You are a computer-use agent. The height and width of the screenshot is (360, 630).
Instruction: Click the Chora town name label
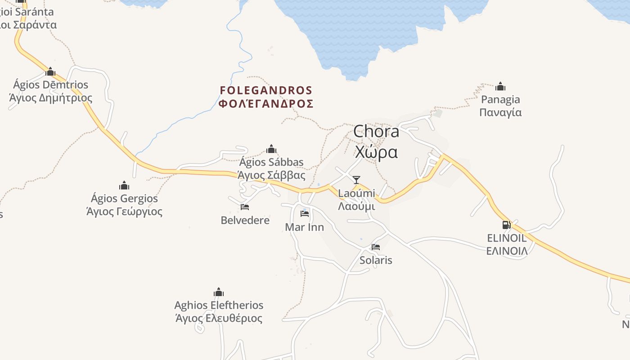(x=376, y=131)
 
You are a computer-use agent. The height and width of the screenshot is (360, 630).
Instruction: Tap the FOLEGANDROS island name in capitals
(x=266, y=90)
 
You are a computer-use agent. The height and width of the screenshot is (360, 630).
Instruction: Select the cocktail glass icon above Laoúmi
(x=356, y=180)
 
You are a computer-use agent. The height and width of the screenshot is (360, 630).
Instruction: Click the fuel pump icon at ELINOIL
(x=506, y=225)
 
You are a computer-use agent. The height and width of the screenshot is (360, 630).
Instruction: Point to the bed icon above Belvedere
(x=245, y=207)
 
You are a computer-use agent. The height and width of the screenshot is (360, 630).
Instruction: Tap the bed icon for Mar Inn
(x=305, y=213)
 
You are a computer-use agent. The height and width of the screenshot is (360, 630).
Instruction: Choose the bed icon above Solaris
(x=376, y=247)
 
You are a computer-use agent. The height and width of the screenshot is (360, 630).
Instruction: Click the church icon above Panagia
(x=500, y=86)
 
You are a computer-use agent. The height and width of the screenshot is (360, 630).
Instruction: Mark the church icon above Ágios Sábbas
(x=271, y=149)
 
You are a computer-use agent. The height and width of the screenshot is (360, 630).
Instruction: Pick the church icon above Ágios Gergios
(x=124, y=185)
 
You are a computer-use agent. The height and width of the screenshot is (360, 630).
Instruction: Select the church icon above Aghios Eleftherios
(x=219, y=292)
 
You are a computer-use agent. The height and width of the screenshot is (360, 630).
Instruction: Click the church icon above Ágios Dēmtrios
(x=50, y=72)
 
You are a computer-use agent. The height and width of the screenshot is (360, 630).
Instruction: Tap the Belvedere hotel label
(x=245, y=220)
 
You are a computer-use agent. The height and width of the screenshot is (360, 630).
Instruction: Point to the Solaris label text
(x=376, y=260)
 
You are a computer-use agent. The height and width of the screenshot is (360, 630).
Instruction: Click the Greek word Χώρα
(x=376, y=153)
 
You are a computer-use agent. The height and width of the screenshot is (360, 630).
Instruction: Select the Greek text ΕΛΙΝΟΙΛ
(x=507, y=251)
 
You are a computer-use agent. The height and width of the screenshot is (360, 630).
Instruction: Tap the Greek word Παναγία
(x=500, y=112)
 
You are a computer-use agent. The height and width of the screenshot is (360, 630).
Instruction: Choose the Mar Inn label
(x=305, y=227)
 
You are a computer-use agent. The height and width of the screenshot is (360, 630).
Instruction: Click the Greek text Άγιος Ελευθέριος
(x=219, y=318)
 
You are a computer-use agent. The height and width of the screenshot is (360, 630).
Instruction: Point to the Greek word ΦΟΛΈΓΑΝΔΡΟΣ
(x=266, y=103)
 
